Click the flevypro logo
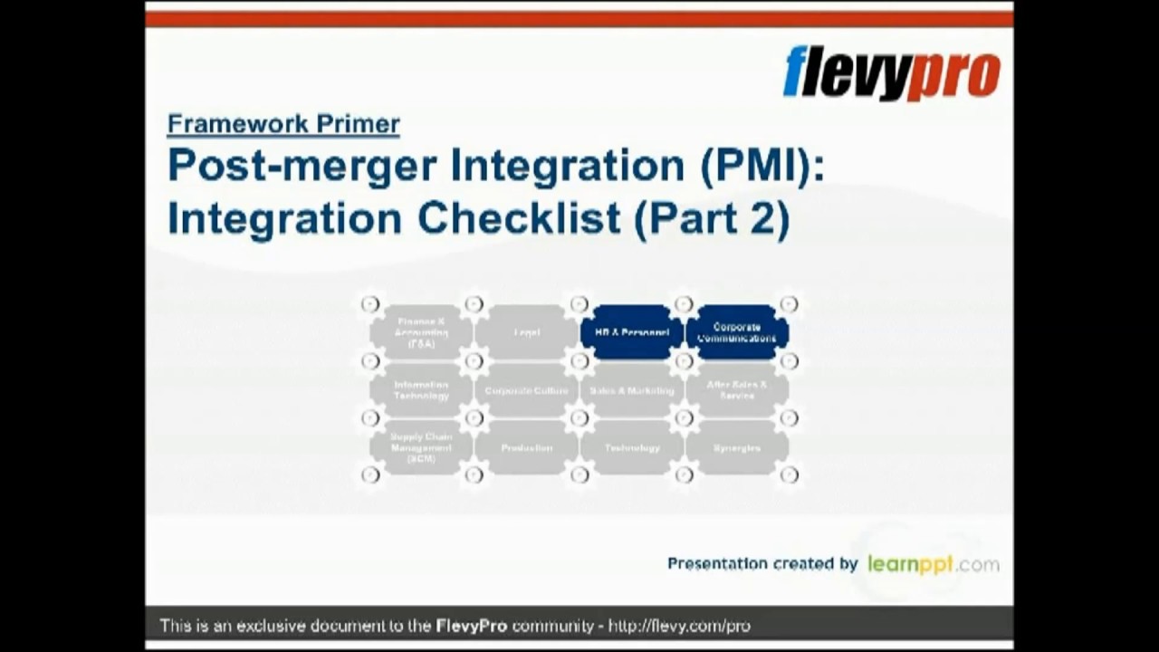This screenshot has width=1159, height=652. [x=892, y=74]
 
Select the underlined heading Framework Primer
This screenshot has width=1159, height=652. [x=283, y=124]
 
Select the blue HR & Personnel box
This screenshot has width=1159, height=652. [x=631, y=332]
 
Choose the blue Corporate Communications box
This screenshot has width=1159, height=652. [x=736, y=332]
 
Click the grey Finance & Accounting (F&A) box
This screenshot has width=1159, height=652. [x=421, y=332]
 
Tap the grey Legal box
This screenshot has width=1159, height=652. [x=526, y=332]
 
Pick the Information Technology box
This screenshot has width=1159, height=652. [x=421, y=390]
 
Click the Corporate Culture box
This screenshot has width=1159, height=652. [x=526, y=390]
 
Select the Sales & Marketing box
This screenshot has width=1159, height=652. [x=631, y=390]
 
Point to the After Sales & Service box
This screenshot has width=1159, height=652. [x=736, y=390]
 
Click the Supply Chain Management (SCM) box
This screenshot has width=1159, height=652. [x=421, y=447]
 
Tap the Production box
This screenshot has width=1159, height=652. [x=526, y=447]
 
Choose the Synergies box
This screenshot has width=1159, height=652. [x=736, y=447]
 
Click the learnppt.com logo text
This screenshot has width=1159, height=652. [x=933, y=564]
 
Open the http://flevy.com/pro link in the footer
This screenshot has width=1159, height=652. [x=679, y=626]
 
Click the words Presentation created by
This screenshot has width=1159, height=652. [x=761, y=564]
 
